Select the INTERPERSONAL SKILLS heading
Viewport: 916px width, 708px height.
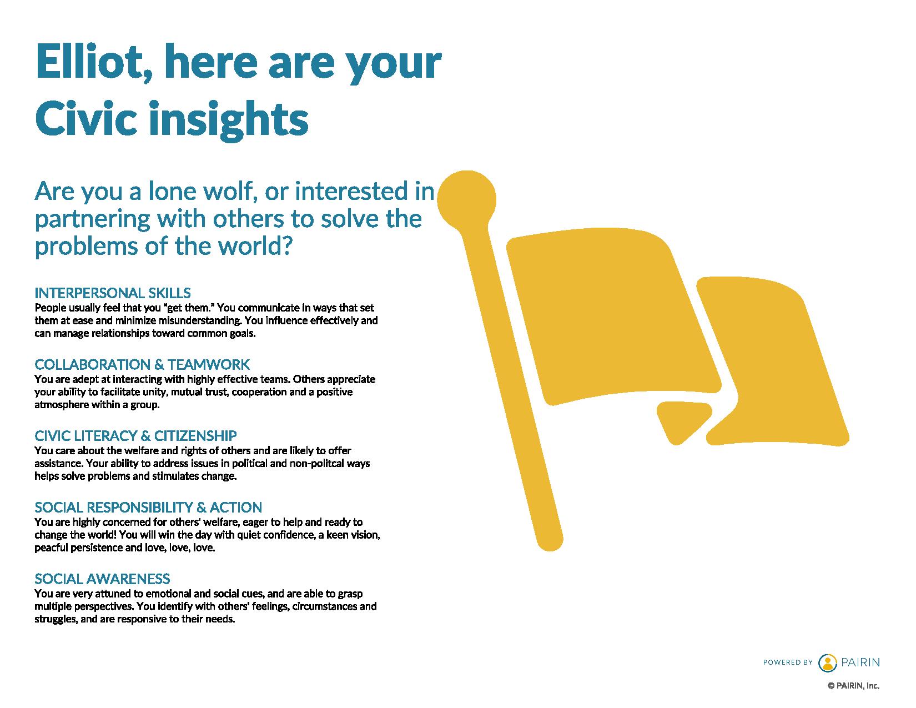(113, 293)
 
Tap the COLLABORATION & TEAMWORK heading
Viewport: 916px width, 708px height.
(142, 364)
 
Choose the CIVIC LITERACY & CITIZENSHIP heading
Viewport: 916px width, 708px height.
(136, 435)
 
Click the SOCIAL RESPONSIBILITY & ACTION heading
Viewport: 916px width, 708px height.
(148, 508)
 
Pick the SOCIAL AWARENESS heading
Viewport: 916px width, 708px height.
(103, 579)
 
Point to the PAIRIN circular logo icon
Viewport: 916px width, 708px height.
(828, 662)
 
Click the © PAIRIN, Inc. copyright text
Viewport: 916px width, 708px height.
(854, 686)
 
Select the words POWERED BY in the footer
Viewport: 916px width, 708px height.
(787, 662)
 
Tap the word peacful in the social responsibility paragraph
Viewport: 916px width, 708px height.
(51, 548)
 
